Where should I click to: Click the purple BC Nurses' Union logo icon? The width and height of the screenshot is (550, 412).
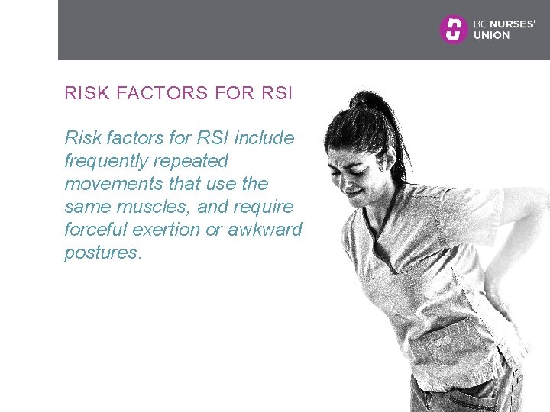[x=453, y=29]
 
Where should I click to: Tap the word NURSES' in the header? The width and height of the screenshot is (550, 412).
[x=512, y=24]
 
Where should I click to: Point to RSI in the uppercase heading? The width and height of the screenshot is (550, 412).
[x=277, y=94]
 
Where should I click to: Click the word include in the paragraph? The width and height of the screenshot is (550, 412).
[x=264, y=138]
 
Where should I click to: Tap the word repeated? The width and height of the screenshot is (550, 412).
[x=190, y=161]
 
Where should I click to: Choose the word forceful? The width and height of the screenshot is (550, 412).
[x=96, y=230]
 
